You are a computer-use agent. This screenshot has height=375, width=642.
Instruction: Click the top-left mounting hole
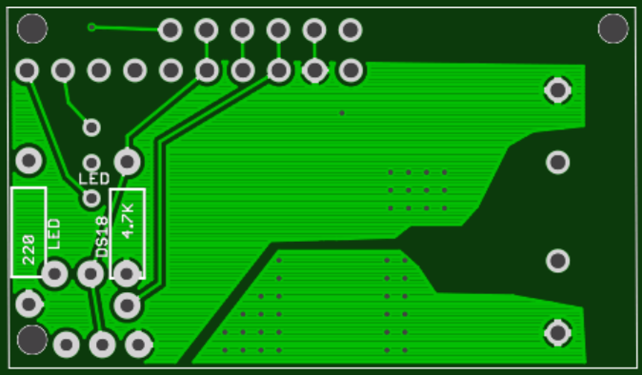click(32, 29)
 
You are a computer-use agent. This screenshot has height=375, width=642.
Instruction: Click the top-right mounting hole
click(613, 29)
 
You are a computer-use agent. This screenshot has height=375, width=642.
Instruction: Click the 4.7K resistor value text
click(128, 221)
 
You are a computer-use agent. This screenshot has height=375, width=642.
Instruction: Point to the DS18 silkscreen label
click(102, 237)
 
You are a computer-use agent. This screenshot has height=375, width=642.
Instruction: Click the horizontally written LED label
click(94, 179)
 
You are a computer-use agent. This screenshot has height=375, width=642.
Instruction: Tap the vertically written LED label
click(54, 233)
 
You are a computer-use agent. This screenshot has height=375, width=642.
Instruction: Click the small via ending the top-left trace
click(92, 27)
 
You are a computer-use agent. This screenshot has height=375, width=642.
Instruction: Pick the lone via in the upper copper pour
click(341, 113)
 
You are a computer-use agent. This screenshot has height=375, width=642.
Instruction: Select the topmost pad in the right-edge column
click(557, 89)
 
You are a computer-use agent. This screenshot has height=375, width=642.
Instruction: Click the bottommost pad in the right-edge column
click(557, 332)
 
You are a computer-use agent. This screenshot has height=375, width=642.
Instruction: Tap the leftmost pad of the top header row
click(170, 30)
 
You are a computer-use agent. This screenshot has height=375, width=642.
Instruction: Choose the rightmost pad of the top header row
click(350, 30)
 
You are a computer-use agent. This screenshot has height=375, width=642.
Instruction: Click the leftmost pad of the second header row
click(27, 71)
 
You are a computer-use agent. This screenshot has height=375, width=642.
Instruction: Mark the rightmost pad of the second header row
click(351, 71)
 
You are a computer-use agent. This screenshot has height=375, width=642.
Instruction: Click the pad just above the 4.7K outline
click(127, 162)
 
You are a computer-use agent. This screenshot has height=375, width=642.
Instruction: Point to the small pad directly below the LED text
click(91, 197)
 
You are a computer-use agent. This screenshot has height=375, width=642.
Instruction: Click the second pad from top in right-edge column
click(557, 162)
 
